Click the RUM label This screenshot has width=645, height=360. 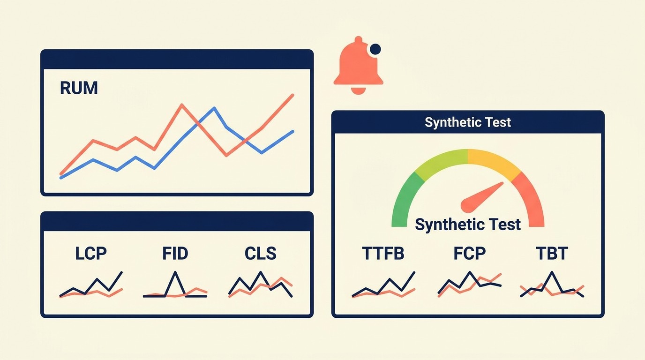click(79, 88)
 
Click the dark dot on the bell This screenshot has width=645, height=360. click(375, 49)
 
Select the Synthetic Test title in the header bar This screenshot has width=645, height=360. click(467, 122)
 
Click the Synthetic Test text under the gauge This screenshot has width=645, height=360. click(468, 225)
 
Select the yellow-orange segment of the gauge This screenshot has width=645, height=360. click(492, 162)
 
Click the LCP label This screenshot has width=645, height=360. click(91, 254)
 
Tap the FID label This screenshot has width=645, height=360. click(175, 254)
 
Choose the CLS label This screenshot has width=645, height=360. click(260, 254)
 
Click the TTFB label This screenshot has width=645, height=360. click(383, 254)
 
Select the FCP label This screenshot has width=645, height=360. click(469, 254)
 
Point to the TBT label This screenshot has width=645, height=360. click(552, 254)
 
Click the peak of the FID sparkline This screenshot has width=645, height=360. click(175, 272)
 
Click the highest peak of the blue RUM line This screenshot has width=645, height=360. click(214, 108)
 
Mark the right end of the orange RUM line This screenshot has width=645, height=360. click(293, 95)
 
